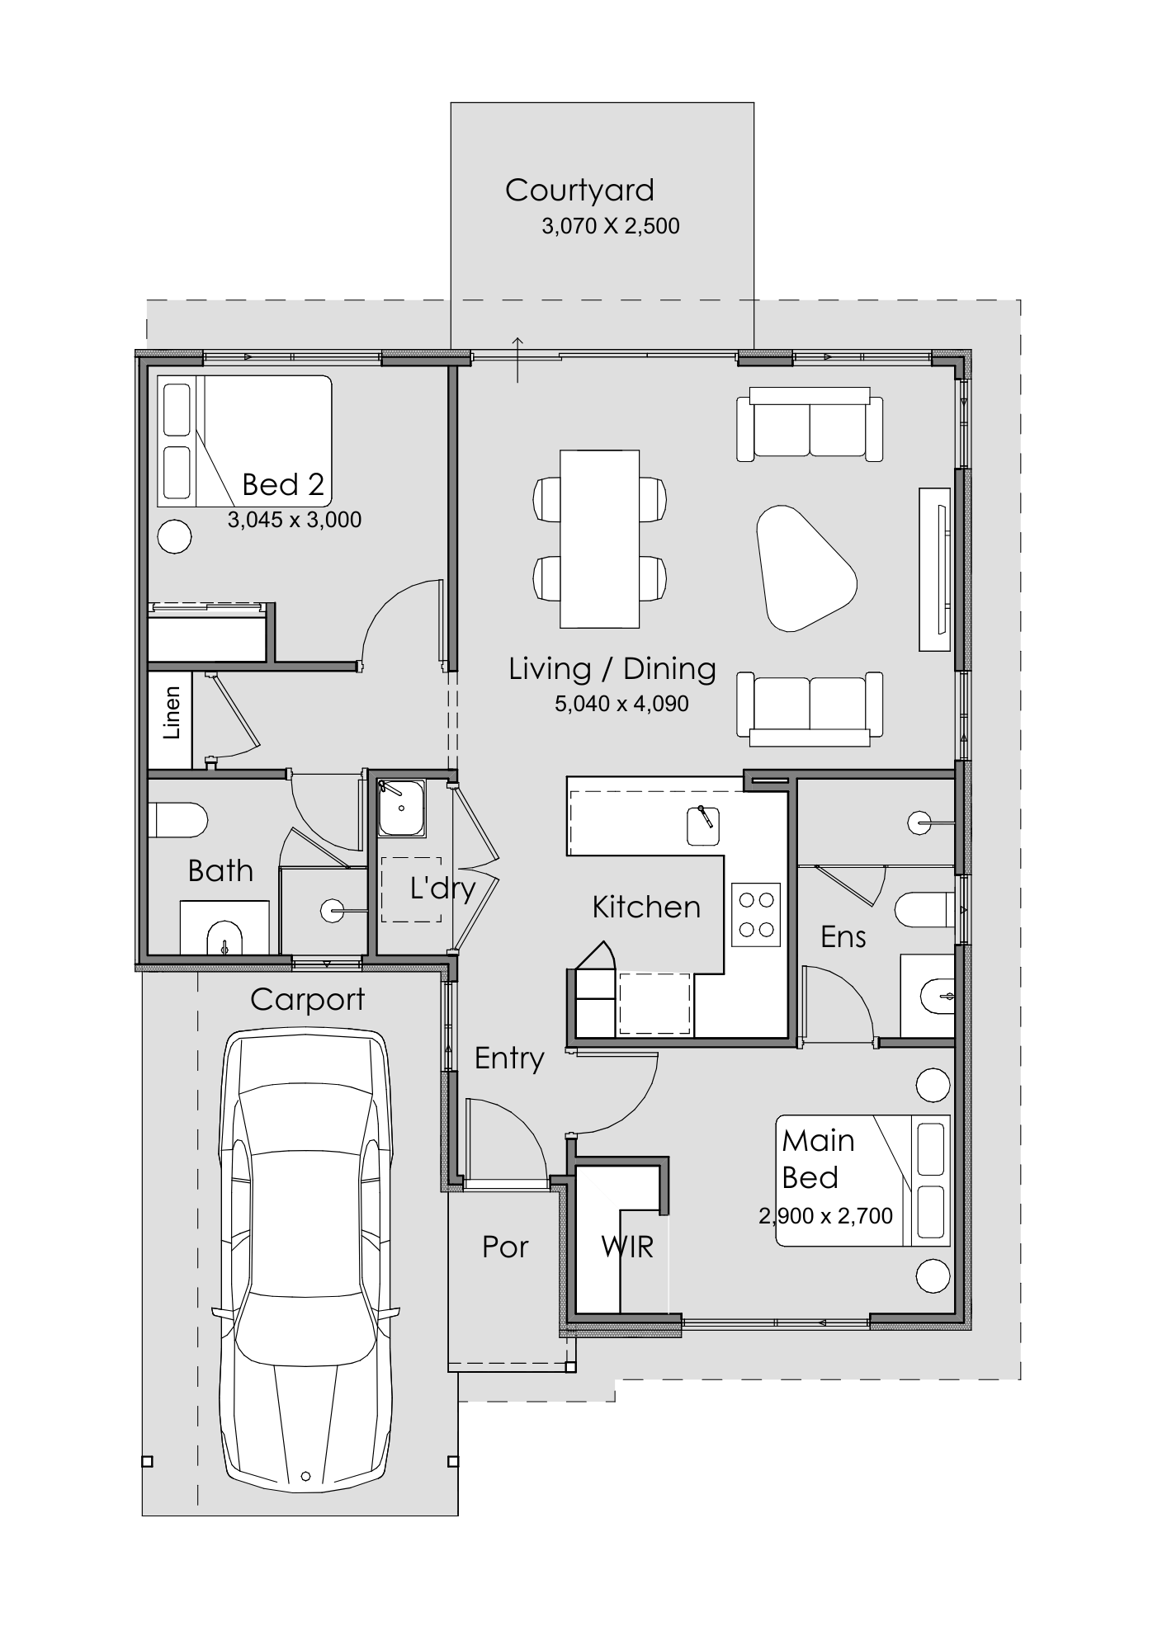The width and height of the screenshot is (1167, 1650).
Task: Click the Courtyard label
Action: pos(579,191)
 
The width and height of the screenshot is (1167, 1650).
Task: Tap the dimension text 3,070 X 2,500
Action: pos(611,226)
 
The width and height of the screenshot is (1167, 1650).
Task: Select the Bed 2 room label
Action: pos(283,484)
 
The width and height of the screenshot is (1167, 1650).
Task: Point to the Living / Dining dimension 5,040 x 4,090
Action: pos(621,704)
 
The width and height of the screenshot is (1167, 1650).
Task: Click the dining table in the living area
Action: pos(600,539)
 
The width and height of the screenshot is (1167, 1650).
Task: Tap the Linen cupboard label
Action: pos(172,713)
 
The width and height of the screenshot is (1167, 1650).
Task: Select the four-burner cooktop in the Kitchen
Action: pos(756,914)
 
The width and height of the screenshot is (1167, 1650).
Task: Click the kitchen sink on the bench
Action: pos(704,826)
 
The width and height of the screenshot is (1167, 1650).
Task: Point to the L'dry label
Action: pos(442,889)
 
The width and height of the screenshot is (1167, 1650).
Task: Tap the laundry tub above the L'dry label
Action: pos(402,808)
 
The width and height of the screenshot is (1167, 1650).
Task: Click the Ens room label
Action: pos(843,937)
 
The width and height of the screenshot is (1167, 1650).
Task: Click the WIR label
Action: pos(627,1247)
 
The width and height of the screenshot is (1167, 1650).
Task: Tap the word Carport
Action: pos(307,1000)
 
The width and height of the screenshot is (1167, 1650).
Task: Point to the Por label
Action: pos(505,1247)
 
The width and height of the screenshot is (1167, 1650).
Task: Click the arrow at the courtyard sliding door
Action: pos(517,360)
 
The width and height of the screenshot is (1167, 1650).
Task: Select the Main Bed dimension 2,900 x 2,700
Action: pos(825,1216)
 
